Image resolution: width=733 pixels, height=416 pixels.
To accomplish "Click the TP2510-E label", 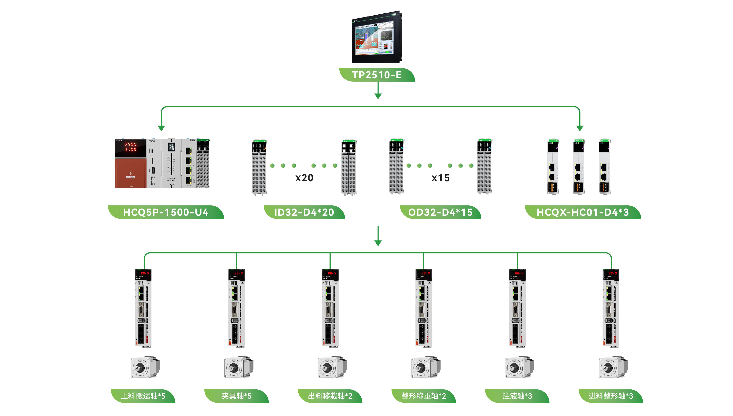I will pyautogui.click(x=376, y=75).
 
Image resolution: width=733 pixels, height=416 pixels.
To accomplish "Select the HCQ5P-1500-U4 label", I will pyautogui.click(x=166, y=212).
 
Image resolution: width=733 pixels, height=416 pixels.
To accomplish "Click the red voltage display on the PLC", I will pyautogui.click(x=130, y=147).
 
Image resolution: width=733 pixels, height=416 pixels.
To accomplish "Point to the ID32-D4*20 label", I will pyautogui.click(x=304, y=212).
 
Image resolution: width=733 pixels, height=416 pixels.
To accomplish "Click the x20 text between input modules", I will pyautogui.click(x=304, y=178).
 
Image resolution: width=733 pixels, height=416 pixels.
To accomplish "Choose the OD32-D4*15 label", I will pyautogui.click(x=440, y=212).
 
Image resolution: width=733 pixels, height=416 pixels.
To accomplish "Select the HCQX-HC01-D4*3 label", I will pyautogui.click(x=583, y=212).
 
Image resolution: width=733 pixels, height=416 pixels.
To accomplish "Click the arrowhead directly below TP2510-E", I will pyautogui.click(x=378, y=96).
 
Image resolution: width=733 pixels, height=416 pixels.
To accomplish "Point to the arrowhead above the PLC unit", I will pyautogui.click(x=161, y=128).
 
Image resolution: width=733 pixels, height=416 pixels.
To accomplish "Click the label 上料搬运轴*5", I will pyautogui.click(x=143, y=396).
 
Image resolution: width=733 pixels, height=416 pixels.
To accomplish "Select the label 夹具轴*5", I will pyautogui.click(x=237, y=396).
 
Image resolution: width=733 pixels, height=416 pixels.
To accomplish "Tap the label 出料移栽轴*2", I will pyautogui.click(x=330, y=396).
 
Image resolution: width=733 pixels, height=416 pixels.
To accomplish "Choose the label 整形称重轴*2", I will pyautogui.click(x=423, y=396).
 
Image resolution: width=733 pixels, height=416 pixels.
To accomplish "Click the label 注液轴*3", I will pyautogui.click(x=517, y=396).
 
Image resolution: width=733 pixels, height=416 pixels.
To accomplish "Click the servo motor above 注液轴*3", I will pyautogui.click(x=519, y=367).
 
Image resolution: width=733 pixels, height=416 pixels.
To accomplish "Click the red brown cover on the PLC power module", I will pyautogui.click(x=130, y=173).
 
